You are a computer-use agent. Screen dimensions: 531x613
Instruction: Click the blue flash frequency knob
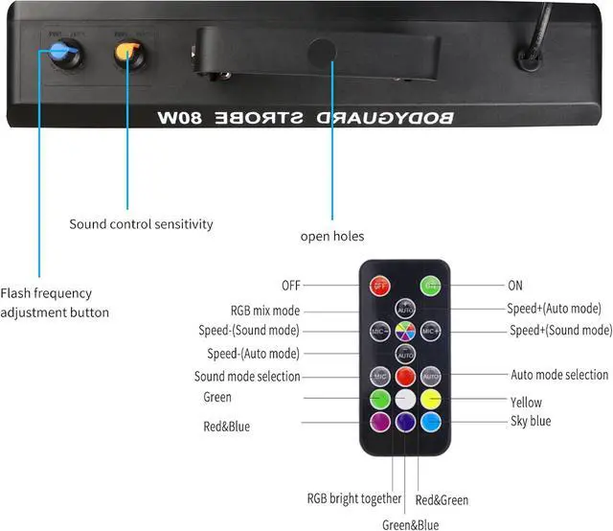(x=63, y=53)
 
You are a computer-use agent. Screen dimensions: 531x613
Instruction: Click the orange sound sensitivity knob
(x=128, y=52)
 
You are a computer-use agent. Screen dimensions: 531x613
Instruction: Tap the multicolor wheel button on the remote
(x=405, y=331)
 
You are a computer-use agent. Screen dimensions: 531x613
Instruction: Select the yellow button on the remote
(x=431, y=399)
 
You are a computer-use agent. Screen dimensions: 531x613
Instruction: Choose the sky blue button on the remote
(x=431, y=422)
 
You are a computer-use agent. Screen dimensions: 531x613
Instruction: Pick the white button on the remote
(x=405, y=399)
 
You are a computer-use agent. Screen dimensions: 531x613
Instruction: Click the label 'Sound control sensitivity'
(x=141, y=224)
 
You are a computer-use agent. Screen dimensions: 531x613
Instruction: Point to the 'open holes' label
(x=332, y=236)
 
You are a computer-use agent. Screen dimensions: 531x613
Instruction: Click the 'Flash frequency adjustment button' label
(x=55, y=303)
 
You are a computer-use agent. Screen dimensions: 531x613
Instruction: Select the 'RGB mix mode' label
(x=265, y=311)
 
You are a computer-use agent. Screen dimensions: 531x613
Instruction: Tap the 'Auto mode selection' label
(x=559, y=375)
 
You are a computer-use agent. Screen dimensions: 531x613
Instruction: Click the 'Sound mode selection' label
(x=247, y=377)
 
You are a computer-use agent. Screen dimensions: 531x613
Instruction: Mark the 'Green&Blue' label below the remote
(x=410, y=524)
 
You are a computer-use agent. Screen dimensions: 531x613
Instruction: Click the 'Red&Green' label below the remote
(x=443, y=500)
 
